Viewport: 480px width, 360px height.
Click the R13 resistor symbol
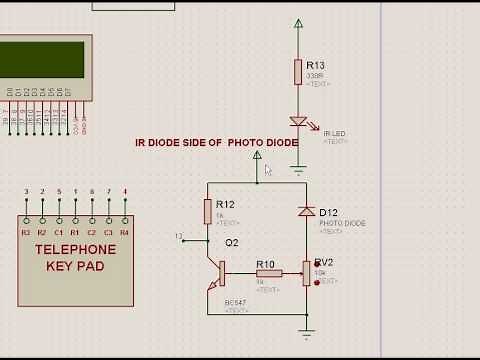(298, 71)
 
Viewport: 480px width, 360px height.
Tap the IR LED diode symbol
(298, 122)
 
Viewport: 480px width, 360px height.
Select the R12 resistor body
(208, 210)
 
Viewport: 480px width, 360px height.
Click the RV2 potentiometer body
(306, 272)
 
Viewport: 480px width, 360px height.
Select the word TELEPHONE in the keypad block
(75, 250)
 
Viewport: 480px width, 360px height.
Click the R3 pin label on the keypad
(26, 232)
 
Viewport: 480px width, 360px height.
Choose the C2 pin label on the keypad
(92, 232)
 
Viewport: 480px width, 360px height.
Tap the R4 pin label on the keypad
(124, 232)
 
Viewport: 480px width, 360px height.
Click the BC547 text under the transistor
(236, 303)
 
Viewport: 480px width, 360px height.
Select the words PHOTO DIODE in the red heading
(263, 143)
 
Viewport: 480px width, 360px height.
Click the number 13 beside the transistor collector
(179, 237)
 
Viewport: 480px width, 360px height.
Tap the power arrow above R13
(298, 24)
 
